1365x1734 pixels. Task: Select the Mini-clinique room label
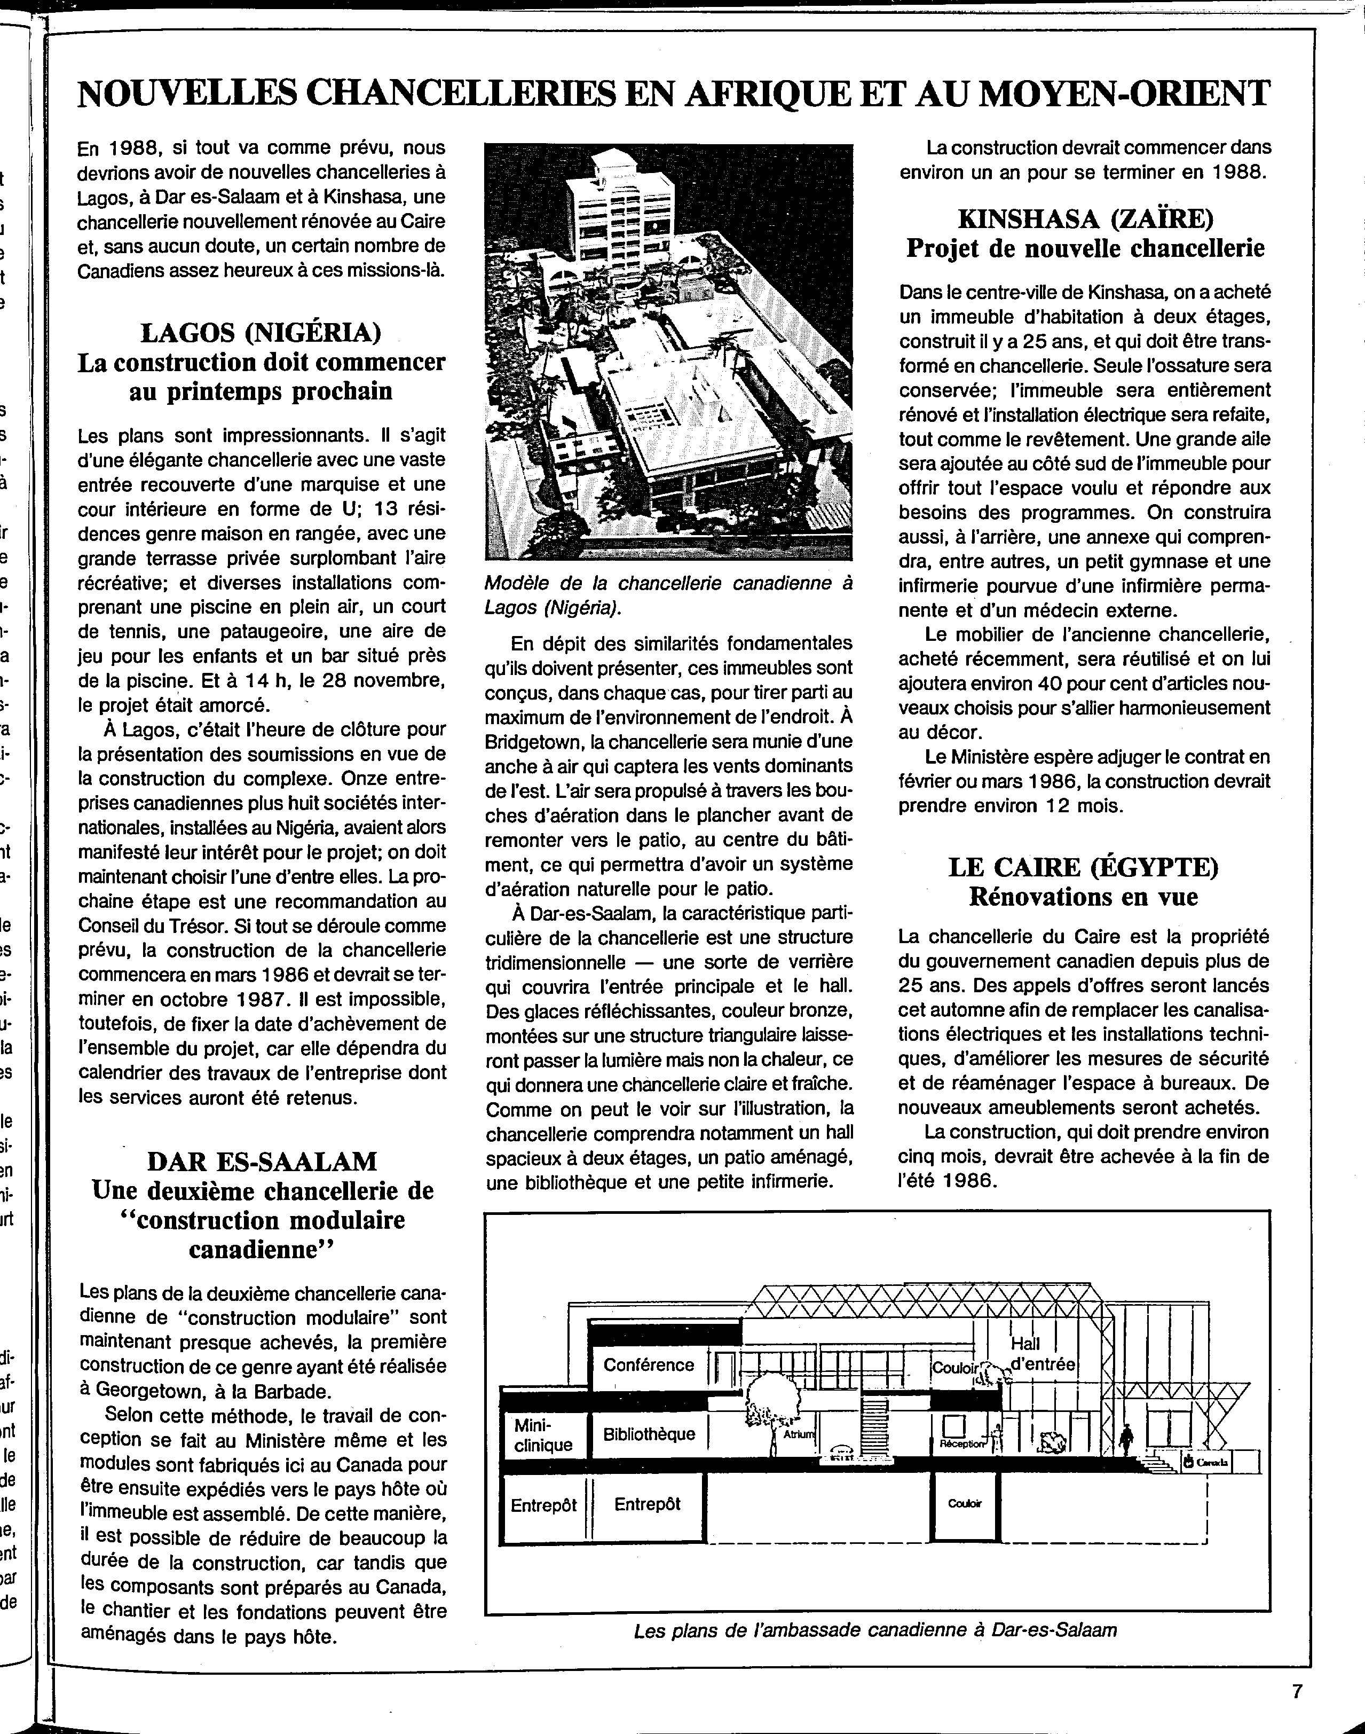click(x=543, y=1435)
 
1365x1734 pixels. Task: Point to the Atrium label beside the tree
click(x=799, y=1435)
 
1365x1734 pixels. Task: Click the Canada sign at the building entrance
click(x=1207, y=1462)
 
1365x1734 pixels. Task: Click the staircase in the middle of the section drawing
click(x=877, y=1423)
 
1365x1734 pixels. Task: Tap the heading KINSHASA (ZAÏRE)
click(x=1085, y=217)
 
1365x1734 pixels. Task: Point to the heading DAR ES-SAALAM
click(x=262, y=1161)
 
